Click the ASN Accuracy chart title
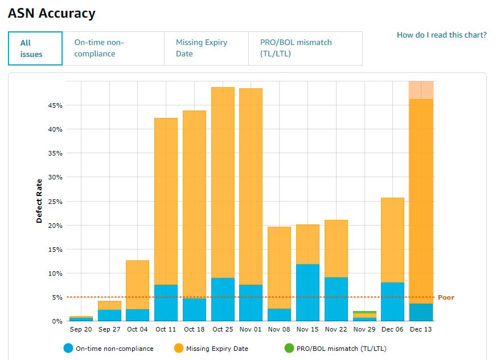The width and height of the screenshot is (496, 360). pyautogui.click(x=52, y=13)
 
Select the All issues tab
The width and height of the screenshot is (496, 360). pyautogui.click(x=35, y=48)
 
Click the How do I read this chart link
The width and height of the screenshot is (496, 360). pyautogui.click(x=441, y=35)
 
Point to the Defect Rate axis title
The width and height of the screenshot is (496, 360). pyautogui.click(x=39, y=201)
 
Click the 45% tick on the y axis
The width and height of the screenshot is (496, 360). pyautogui.click(x=55, y=105)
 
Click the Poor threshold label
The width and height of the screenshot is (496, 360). pyautogui.click(x=446, y=297)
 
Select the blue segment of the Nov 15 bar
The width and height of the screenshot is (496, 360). pyautogui.click(x=308, y=292)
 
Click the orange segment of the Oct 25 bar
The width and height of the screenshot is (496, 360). pyautogui.click(x=223, y=182)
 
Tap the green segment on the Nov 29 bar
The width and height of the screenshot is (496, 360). pyautogui.click(x=364, y=312)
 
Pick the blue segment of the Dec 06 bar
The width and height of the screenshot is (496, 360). pyautogui.click(x=392, y=301)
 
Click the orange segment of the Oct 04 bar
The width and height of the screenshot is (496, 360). pyautogui.click(x=137, y=285)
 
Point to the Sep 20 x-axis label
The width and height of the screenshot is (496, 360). pyautogui.click(x=81, y=330)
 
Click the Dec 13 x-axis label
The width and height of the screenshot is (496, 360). pyautogui.click(x=421, y=330)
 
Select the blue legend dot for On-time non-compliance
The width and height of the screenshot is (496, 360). pyautogui.click(x=68, y=349)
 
